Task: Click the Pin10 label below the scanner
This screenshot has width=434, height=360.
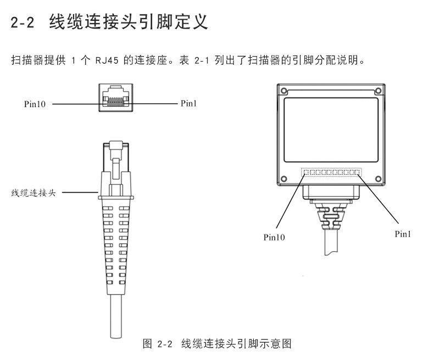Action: coord(274,237)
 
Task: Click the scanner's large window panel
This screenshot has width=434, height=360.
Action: coord(331,129)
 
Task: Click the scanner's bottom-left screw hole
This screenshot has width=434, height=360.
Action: coord(285,178)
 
